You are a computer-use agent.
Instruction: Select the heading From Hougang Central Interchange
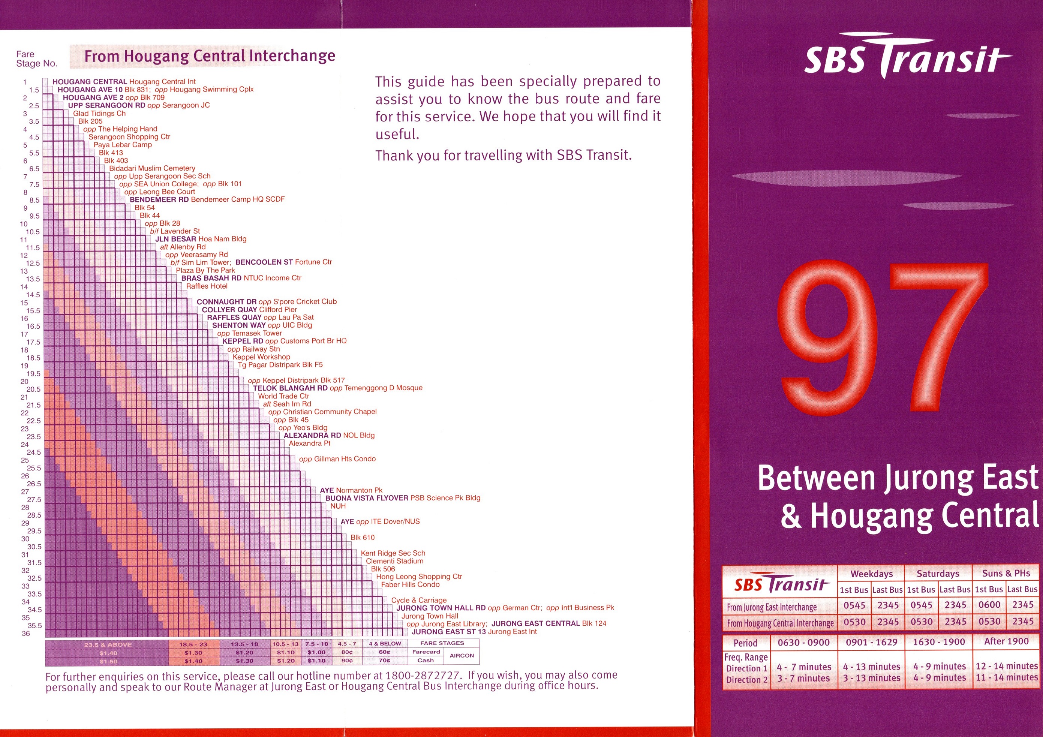[210, 56]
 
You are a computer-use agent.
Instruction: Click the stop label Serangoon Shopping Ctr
[129, 137]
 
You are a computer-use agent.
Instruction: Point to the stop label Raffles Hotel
[207, 286]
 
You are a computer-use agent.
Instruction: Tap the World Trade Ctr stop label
[283, 396]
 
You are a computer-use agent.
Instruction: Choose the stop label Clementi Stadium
[394, 561]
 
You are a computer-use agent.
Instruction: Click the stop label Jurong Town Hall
[429, 616]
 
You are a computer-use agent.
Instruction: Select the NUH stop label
[338, 506]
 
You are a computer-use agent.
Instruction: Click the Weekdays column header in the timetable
[871, 574]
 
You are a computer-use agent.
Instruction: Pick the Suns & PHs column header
[1006, 573]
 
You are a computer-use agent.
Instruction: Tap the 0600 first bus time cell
[989, 605]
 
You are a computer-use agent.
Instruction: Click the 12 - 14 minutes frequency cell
[1007, 666]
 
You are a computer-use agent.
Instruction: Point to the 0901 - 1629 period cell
[871, 642]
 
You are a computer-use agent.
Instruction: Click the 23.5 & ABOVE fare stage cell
[108, 644]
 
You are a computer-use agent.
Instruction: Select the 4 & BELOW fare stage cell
[385, 643]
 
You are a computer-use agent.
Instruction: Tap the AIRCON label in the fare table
[462, 656]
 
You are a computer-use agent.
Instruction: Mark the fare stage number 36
[25, 634]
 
